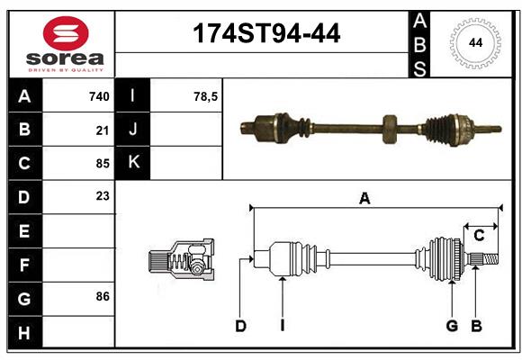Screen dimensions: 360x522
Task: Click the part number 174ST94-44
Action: pos(267,35)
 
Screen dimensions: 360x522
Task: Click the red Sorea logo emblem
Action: pos(65,35)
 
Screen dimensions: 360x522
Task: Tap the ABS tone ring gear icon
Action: pos(473,42)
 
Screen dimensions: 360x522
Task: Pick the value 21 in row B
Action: pos(103,130)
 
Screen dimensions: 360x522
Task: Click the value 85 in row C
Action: pos(103,163)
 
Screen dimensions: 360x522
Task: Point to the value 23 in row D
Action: pos(103,195)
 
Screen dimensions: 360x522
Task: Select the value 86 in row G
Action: pos(103,296)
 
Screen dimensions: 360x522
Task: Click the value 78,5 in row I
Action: pos(206,96)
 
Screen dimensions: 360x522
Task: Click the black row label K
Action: pos(133,163)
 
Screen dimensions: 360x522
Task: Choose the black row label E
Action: pos(24,230)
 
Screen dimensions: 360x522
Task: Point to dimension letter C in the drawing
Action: pos(479,236)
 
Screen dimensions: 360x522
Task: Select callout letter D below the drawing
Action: pos(240,326)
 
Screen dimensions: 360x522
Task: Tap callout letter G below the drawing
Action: pos(452,326)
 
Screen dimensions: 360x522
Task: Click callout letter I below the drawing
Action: pos(282,326)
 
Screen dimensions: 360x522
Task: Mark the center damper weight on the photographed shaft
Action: pos(389,128)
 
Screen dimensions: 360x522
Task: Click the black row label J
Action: pos(133,130)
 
